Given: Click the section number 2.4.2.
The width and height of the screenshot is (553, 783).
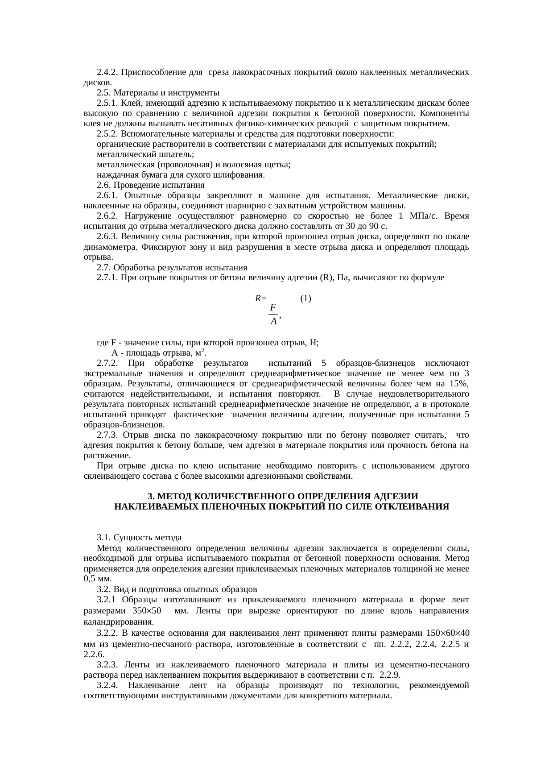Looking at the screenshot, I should [x=107, y=72].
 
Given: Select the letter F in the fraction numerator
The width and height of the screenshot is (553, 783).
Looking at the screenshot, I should [x=273, y=307].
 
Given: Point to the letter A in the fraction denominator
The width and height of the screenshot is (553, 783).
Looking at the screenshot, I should [x=273, y=321].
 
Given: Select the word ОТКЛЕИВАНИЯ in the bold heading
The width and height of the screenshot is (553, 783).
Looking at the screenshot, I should [x=417, y=507].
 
